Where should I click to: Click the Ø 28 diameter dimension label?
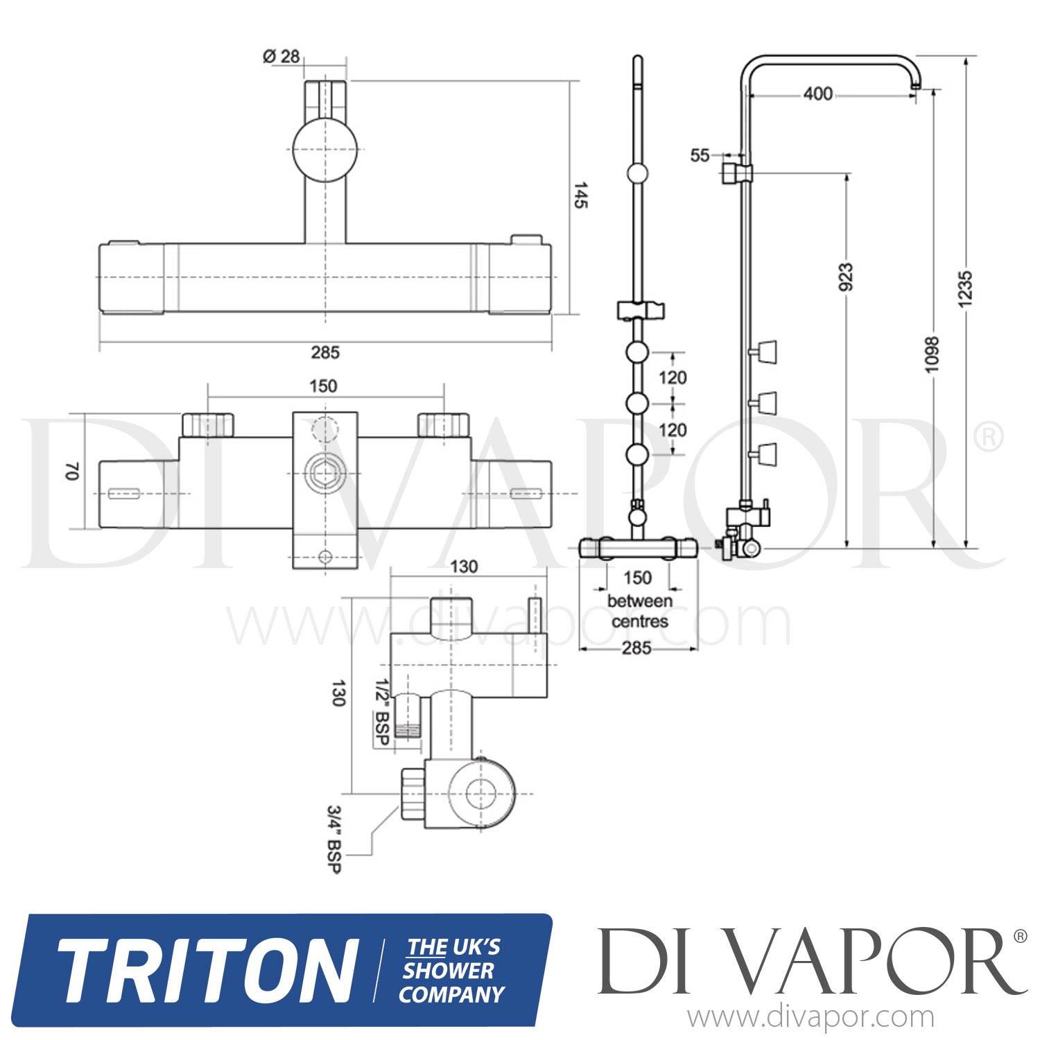pos(281,56)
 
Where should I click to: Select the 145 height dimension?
pos(580,196)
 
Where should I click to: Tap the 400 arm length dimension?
pos(817,94)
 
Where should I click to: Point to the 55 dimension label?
pos(700,155)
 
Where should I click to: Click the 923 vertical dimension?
pos(846,277)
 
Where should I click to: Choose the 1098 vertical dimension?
pos(933,354)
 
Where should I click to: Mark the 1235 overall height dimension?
pos(964,288)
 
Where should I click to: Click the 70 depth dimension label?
pos(72,471)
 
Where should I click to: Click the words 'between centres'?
pos(639,611)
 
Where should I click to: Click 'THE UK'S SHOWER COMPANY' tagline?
pos(452,971)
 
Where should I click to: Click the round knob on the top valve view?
pos(324,150)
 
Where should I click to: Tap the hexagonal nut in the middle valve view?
pos(324,474)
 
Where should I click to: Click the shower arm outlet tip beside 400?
pos(916,85)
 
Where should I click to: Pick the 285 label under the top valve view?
pos(324,353)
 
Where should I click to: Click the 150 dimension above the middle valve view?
pos(323,386)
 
